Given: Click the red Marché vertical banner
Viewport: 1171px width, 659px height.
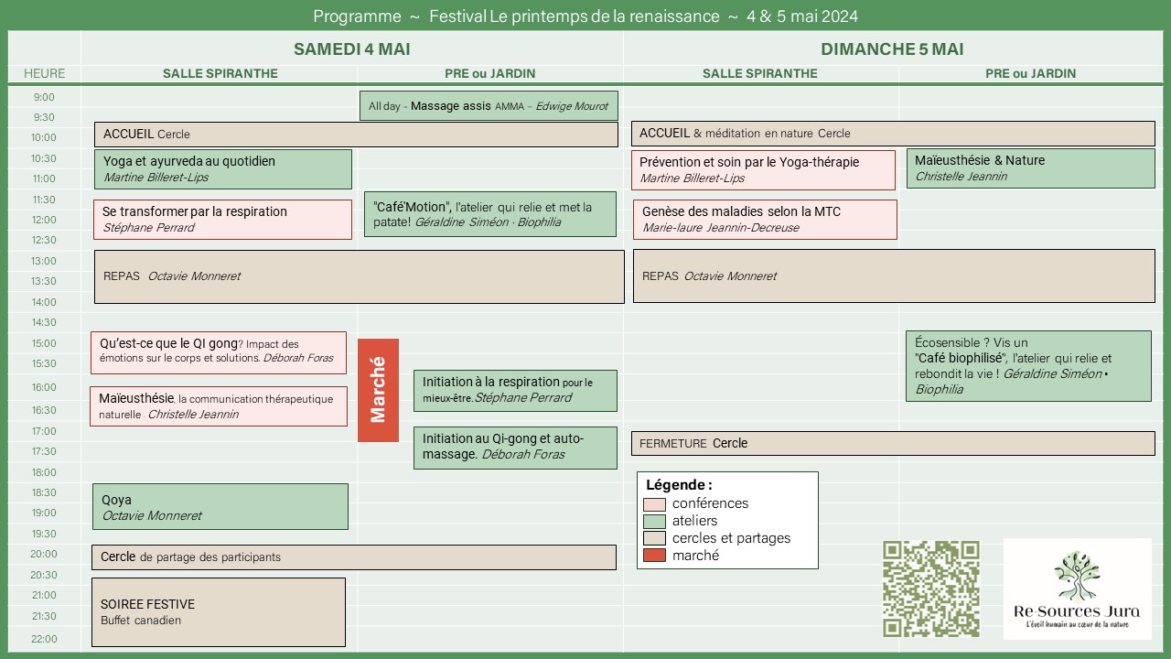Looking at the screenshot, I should [378, 390].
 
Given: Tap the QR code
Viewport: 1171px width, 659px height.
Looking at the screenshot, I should [930, 589].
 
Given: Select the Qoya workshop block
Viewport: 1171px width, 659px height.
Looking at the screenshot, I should [220, 506].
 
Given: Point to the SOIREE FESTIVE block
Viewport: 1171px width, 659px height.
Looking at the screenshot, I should [218, 612].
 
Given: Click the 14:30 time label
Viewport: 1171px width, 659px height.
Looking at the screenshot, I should [44, 322].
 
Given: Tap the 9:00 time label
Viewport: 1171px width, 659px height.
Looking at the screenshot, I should [44, 97].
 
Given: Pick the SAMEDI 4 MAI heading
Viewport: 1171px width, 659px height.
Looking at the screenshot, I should [351, 49].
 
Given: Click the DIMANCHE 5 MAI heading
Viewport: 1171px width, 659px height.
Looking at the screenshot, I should [892, 49].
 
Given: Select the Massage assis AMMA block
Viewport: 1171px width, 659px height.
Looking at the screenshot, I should [489, 106].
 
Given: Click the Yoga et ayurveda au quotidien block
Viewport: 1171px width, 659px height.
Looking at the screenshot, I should [222, 169].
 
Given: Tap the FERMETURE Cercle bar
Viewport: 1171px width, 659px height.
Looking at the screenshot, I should [892, 443].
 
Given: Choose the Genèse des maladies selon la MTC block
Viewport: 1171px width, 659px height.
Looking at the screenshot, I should [764, 220].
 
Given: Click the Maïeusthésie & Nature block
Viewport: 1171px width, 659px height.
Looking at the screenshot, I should [1030, 168].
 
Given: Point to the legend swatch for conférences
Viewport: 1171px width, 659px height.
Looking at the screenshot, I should [654, 504].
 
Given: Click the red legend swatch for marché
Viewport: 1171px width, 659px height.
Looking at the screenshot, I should [654, 556].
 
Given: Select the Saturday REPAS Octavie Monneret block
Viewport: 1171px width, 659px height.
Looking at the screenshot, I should [359, 276].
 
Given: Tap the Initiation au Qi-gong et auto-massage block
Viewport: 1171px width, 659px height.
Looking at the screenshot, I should [515, 447].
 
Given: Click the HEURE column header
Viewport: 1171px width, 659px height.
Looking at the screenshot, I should [44, 73].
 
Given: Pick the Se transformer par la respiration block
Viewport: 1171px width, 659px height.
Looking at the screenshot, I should [222, 220].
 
